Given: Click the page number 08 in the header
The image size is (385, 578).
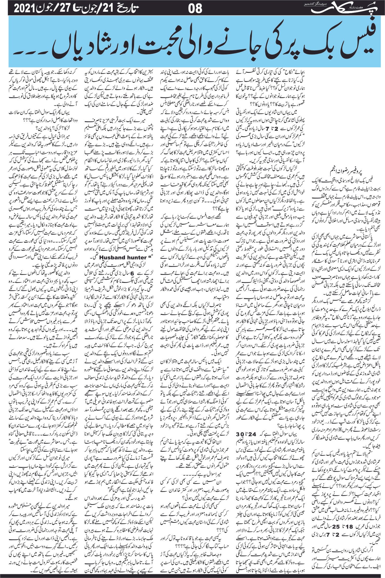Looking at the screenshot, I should tap(195, 9).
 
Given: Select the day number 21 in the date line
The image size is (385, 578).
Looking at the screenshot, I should tap(109, 9).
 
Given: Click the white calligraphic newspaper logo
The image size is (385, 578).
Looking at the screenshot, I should tap(340, 9).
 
